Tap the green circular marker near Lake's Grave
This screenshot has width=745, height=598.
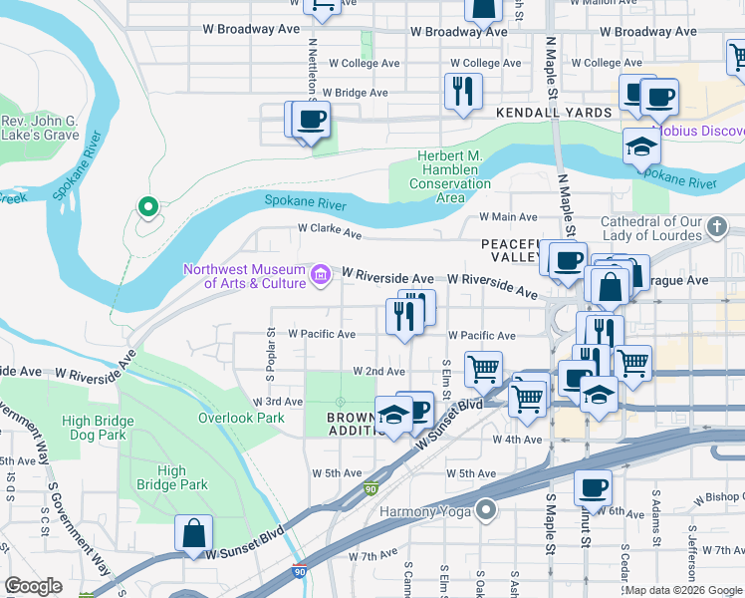148,207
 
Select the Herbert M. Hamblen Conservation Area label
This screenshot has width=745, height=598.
450,177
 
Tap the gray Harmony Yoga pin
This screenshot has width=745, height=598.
486,511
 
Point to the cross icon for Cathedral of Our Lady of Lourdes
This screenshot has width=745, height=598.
715,228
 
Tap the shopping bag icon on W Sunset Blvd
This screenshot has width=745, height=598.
193,532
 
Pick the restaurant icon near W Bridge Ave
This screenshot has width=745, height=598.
462,93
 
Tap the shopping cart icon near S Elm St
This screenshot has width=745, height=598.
483,369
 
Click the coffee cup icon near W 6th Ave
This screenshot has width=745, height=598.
594,487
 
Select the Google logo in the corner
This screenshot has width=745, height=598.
33,586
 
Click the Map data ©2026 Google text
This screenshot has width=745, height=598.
683,590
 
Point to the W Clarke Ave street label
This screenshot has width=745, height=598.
330,230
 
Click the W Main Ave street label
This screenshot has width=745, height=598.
508,216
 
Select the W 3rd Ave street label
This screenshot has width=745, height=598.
279,402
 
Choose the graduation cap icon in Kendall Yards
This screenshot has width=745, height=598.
641,147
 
